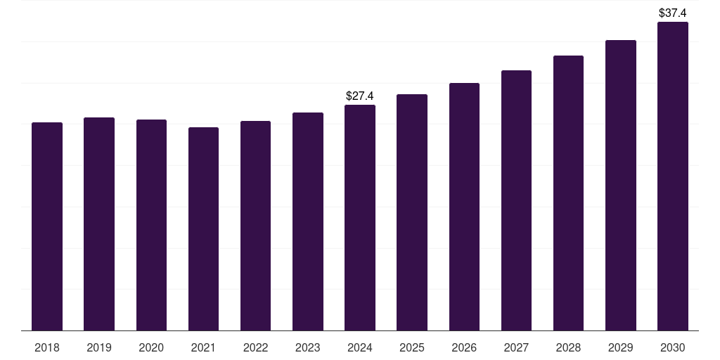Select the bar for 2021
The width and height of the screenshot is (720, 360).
point(203,229)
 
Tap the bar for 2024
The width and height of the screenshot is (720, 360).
point(360,217)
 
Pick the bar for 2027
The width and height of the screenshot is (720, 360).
point(516,200)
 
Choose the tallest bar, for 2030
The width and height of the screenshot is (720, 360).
point(673,176)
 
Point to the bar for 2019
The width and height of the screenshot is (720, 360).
point(99,224)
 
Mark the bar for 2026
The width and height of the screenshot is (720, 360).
point(464,207)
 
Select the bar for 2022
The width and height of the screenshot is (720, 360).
point(256,226)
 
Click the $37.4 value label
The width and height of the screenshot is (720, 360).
point(673,13)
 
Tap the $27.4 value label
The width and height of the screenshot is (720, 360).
point(360,96)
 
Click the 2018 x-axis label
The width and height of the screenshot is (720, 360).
point(47,347)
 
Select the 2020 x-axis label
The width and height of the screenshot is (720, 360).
point(151,347)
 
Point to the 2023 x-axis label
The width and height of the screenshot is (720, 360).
point(308,347)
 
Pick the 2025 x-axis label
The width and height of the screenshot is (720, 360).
point(412,347)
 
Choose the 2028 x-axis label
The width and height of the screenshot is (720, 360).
point(568,347)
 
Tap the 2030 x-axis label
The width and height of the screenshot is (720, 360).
point(673,347)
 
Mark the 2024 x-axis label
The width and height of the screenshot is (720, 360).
point(360,347)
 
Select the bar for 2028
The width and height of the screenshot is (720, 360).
point(568,193)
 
